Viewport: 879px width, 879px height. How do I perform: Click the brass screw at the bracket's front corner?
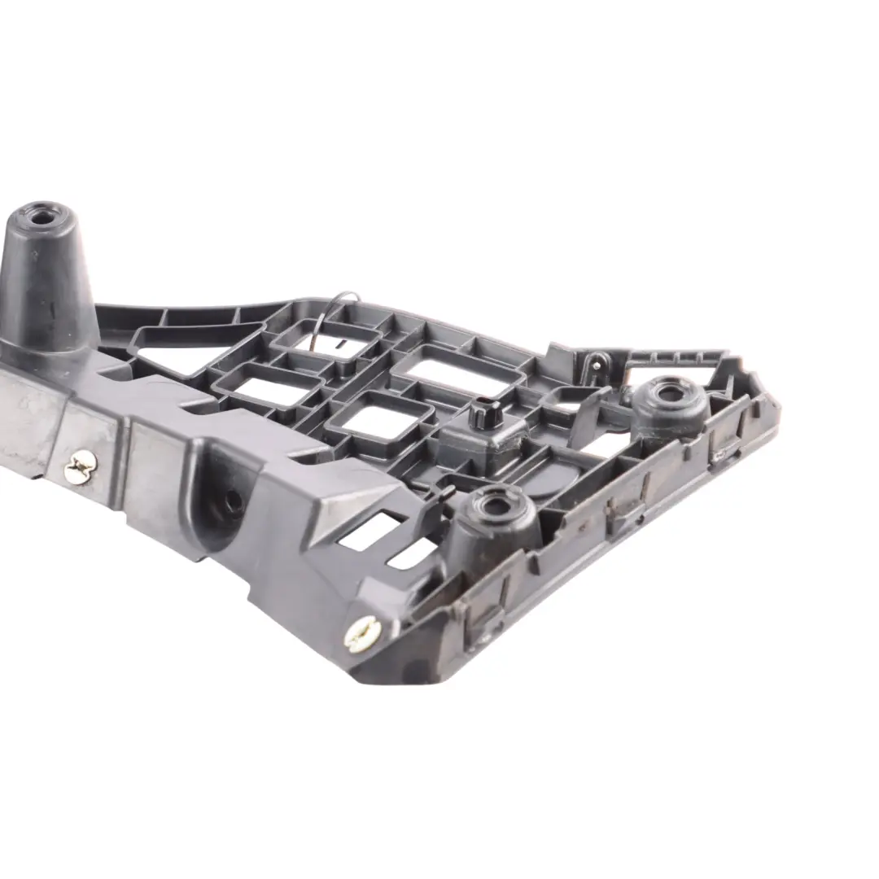pos(361,633)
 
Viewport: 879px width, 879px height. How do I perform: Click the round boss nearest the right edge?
pos(670,398)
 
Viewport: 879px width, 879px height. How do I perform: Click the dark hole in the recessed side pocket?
pos(233,502)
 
